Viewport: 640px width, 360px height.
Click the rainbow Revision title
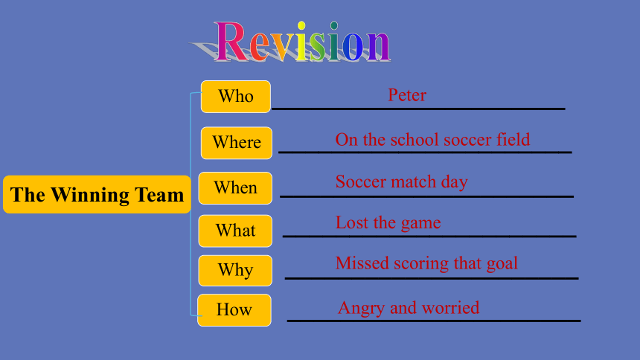(x=302, y=42)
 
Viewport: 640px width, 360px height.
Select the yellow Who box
(x=235, y=97)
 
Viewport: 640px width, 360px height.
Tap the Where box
(x=237, y=143)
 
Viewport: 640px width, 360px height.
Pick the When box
(x=235, y=188)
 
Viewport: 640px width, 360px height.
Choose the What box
(x=235, y=231)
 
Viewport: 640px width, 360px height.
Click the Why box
(x=235, y=270)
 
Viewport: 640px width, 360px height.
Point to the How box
(x=234, y=310)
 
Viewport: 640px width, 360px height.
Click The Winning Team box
(x=97, y=194)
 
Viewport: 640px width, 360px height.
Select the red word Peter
(x=407, y=95)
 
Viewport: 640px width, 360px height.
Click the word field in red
(x=513, y=140)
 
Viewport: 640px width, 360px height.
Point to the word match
(x=415, y=181)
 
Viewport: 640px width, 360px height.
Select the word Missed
(x=362, y=263)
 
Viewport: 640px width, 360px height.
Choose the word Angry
(x=361, y=309)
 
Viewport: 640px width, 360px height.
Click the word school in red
(x=415, y=140)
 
